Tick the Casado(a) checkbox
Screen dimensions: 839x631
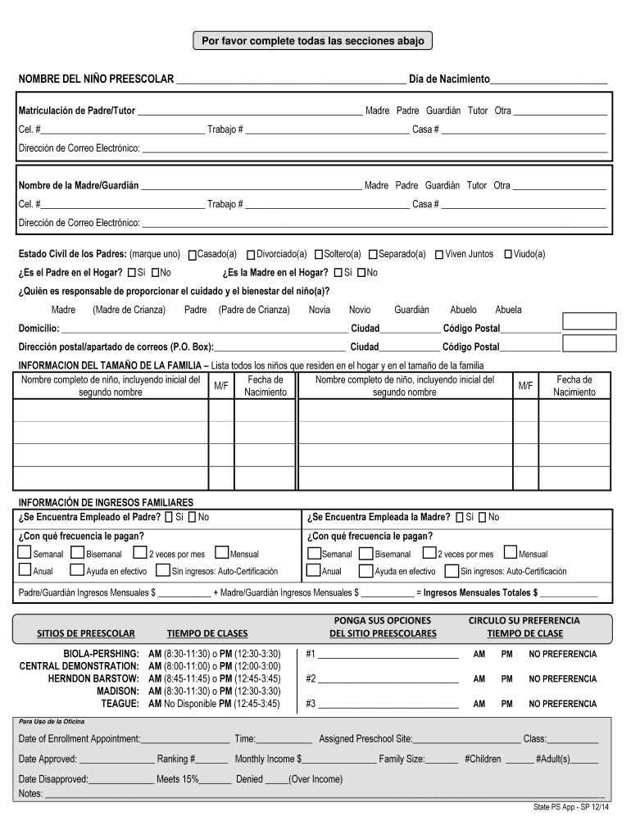click(x=193, y=255)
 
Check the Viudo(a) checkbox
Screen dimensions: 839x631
click(x=508, y=255)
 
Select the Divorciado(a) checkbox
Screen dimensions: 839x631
click(x=251, y=255)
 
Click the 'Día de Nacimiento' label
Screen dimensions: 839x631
click(x=443, y=79)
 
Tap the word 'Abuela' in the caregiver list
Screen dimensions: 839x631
click(x=508, y=310)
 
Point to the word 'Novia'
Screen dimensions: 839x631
click(x=320, y=310)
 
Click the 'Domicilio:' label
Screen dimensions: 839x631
click(x=39, y=329)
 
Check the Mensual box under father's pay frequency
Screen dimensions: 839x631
click(x=222, y=553)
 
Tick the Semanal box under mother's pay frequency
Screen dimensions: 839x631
click(x=314, y=553)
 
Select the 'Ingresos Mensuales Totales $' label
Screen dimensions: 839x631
click(x=480, y=592)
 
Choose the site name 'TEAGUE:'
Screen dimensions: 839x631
click(x=120, y=704)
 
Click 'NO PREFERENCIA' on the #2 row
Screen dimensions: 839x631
click(x=562, y=679)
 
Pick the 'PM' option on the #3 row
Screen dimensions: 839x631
click(x=507, y=704)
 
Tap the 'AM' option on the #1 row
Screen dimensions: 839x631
click(x=479, y=655)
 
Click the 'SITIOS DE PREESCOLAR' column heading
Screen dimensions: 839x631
click(x=86, y=633)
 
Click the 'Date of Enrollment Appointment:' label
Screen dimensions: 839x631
click(x=79, y=739)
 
